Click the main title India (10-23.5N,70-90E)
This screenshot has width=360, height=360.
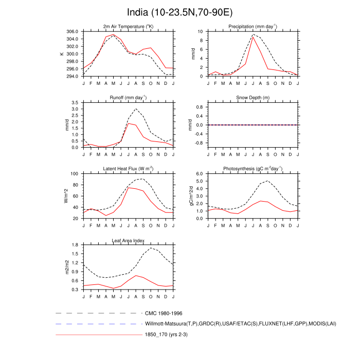[179, 11]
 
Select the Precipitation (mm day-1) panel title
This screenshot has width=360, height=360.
[253, 27]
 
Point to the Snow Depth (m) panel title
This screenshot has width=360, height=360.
[253, 98]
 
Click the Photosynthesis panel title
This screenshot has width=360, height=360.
[253, 169]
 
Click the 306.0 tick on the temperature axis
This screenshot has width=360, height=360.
[72, 31]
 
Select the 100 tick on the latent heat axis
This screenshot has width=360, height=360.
[74, 174]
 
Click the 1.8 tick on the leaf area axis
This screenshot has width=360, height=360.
[75, 245]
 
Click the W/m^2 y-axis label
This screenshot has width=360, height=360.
[66, 196]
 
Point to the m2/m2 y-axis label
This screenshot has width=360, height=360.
[66, 267]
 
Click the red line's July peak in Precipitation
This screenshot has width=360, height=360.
[253, 37]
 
